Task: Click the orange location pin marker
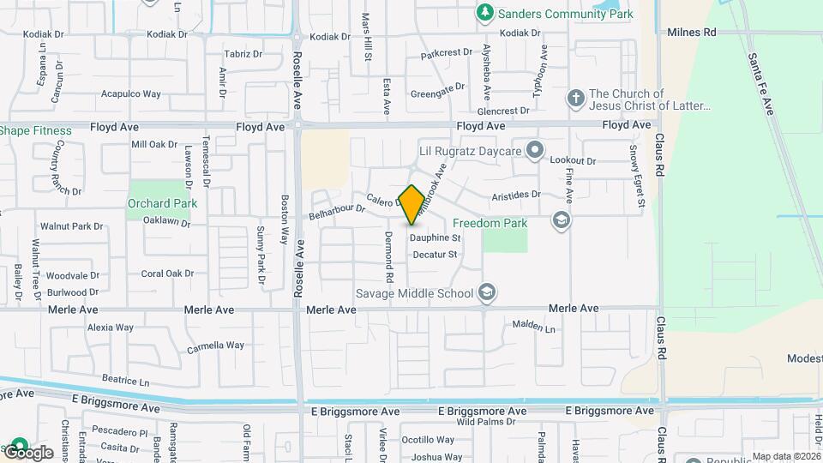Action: coord(411,205)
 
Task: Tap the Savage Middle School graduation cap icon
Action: coord(487,293)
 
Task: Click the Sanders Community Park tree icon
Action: coord(485,13)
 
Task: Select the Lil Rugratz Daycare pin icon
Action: coord(535,151)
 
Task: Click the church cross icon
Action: coord(574,99)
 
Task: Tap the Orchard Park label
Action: coord(162,203)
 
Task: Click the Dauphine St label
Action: coord(435,238)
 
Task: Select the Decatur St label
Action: coord(435,255)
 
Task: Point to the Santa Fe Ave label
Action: coord(760,84)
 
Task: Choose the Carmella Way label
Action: coord(216,346)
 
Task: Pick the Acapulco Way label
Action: coord(131,93)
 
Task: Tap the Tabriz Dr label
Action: coord(243,53)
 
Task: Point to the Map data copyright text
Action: coord(784,456)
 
